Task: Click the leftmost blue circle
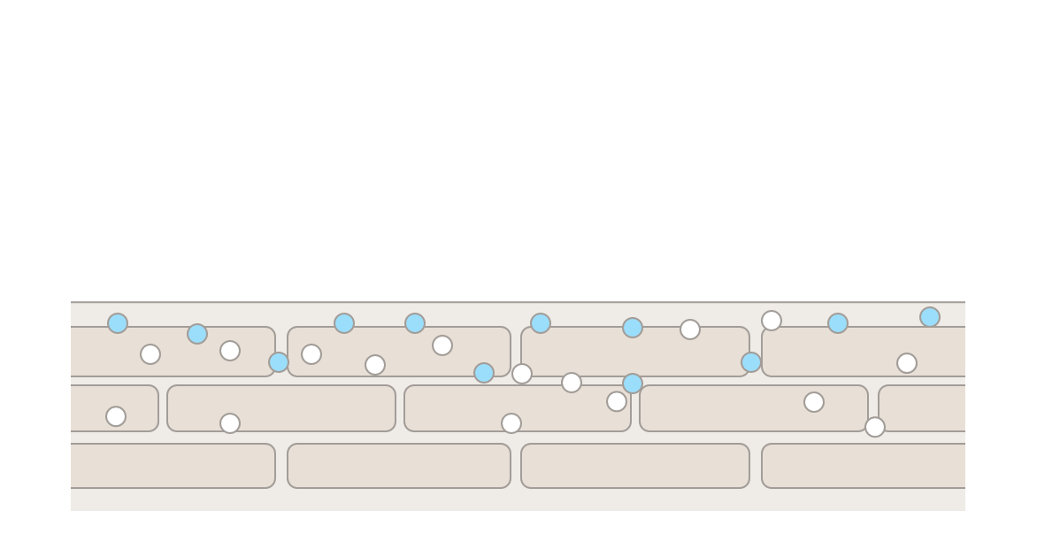pos(118,323)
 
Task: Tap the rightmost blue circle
pos(930,317)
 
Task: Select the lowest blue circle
pos(633,384)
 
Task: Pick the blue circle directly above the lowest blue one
pos(633,328)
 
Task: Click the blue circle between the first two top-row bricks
pos(279,362)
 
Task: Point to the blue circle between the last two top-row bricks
pos(751,362)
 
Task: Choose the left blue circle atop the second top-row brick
pos(344,323)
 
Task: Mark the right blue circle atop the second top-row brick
pos(415,323)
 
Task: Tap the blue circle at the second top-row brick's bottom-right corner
pos(484,373)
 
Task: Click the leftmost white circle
pos(116,416)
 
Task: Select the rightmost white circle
pos(907,363)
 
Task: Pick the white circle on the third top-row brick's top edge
pos(690,329)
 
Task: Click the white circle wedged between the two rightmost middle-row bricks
pos(875,427)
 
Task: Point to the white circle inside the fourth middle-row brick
pos(814,402)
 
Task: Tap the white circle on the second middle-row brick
pos(230,423)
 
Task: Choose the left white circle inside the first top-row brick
pos(150,354)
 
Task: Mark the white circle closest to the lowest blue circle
pos(617,401)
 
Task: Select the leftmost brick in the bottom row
pos(173,466)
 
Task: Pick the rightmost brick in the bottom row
pos(863,466)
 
